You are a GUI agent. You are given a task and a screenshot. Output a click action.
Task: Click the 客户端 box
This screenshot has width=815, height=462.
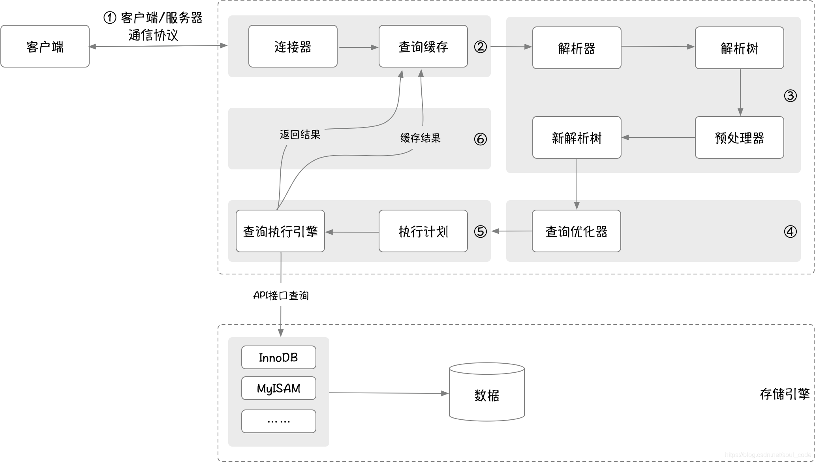(45, 47)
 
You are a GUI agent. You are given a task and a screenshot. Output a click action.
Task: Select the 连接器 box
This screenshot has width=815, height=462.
(293, 47)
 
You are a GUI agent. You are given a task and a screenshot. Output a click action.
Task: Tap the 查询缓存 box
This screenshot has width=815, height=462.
(423, 47)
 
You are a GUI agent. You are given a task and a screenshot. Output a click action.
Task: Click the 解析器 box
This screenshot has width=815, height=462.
(577, 48)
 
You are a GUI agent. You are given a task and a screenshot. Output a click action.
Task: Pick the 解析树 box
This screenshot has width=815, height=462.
(739, 48)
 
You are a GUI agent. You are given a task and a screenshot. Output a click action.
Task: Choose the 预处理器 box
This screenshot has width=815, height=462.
(739, 137)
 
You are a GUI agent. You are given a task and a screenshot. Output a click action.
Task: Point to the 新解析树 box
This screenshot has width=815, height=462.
(577, 137)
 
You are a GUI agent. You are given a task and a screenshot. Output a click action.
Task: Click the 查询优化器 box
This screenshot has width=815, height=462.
(576, 231)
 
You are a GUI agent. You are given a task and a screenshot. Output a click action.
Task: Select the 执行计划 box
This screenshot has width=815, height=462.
(423, 231)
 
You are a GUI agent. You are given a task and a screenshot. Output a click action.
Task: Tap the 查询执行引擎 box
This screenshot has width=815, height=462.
(280, 231)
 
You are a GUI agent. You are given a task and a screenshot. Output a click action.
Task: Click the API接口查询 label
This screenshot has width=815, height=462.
(281, 295)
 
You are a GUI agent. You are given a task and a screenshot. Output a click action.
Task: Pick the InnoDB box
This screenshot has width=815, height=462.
(278, 357)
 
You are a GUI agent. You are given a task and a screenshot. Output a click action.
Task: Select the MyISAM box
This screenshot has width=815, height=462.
(278, 388)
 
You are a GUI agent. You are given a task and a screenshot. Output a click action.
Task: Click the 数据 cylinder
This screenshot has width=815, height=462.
(486, 395)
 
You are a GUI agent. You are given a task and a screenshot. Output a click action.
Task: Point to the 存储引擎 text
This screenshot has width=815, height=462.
(784, 394)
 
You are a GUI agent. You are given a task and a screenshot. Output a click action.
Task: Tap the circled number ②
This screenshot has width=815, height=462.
(480, 47)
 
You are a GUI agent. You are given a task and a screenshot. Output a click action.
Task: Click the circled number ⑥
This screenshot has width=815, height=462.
(480, 139)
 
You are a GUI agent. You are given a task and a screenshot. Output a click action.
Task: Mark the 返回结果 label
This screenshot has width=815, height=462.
(300, 135)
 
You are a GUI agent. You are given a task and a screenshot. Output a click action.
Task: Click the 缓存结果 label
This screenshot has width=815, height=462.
(420, 138)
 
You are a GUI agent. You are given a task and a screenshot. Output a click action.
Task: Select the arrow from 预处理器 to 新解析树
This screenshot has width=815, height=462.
(658, 137)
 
